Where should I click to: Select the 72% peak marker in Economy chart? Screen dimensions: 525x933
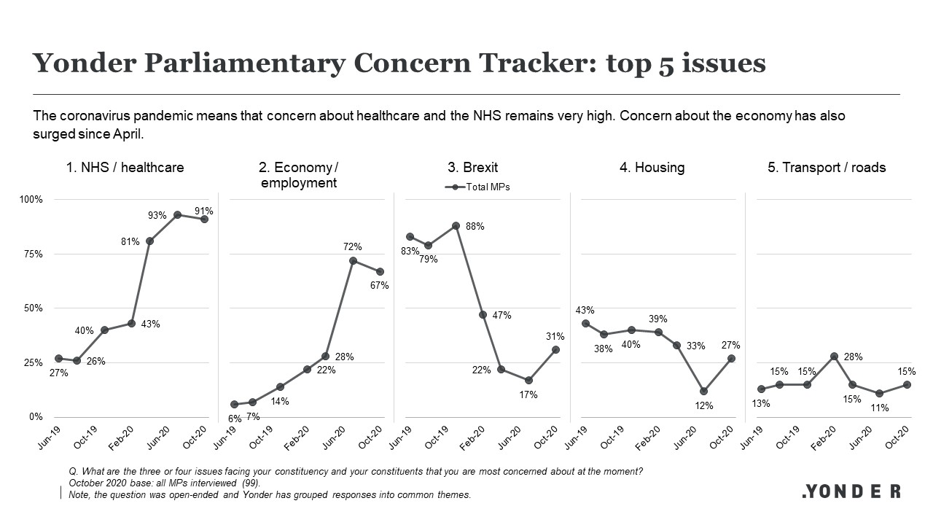click(353, 260)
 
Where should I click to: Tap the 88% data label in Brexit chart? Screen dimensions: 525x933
click(475, 227)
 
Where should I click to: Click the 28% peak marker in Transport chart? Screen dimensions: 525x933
click(835, 357)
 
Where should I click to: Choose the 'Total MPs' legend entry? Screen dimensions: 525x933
click(480, 187)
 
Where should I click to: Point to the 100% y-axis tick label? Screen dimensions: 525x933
click(31, 200)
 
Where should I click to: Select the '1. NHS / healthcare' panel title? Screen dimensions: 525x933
click(125, 168)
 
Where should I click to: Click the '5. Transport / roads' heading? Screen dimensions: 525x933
click(827, 168)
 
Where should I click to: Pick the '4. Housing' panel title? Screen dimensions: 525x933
click(652, 168)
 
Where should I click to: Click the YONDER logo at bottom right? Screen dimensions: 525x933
click(851, 491)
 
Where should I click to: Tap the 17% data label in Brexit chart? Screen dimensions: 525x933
click(528, 394)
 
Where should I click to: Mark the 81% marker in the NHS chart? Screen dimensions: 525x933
click(149, 241)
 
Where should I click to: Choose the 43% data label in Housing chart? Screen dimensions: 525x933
click(585, 309)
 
